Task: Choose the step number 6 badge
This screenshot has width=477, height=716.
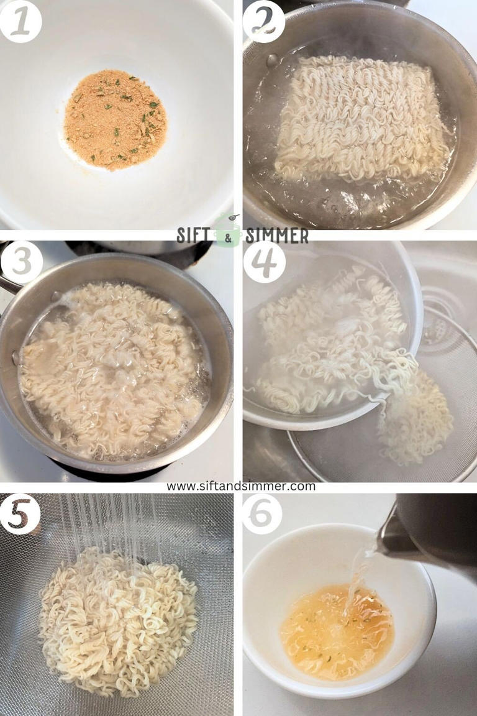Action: [262, 513]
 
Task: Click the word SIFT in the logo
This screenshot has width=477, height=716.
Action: [195, 236]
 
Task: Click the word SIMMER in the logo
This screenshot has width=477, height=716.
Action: [276, 236]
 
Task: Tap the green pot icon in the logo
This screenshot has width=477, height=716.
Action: [227, 234]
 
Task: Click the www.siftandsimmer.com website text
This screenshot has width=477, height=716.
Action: [240, 487]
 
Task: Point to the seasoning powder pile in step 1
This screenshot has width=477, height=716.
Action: [116, 119]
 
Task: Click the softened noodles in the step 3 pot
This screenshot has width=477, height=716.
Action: [112, 367]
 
